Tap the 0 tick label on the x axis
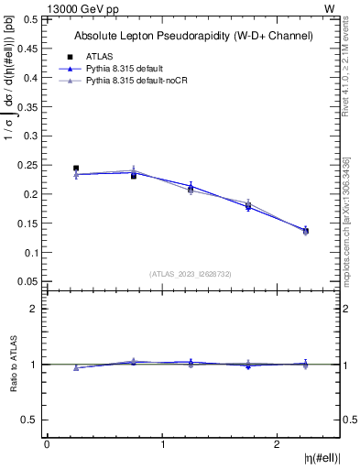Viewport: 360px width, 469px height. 47,444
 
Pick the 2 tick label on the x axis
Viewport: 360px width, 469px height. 278,444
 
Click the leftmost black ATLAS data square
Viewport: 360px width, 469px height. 76,169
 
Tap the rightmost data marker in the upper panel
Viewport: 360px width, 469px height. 306,231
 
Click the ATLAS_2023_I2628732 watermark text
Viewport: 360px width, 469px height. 190,273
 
